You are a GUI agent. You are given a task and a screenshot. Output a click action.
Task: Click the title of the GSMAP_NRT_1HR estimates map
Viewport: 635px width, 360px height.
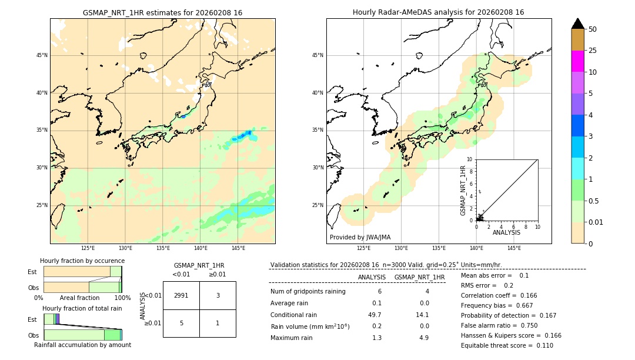pyautogui.click(x=162, y=12)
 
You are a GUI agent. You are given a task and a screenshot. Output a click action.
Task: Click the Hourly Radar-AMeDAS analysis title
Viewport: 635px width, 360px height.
pyautogui.click(x=438, y=12)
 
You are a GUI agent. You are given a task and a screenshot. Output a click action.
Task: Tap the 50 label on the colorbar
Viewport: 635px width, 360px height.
pyautogui.click(x=593, y=29)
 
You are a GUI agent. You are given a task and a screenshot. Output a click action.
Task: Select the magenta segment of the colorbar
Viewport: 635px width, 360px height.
pyautogui.click(x=577, y=61)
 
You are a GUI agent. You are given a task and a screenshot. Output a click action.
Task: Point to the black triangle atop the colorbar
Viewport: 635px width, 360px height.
pyautogui.click(x=577, y=24)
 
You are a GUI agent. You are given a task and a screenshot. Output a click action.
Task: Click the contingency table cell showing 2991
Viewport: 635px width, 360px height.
pyautogui.click(x=181, y=295)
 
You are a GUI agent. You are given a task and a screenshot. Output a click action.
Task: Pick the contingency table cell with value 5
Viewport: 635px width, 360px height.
pyautogui.click(x=181, y=323)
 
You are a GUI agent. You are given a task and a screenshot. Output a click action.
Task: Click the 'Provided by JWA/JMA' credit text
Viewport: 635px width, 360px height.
pyautogui.click(x=360, y=237)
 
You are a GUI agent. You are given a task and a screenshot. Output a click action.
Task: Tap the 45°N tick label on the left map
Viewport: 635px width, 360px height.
pyautogui.click(x=42, y=55)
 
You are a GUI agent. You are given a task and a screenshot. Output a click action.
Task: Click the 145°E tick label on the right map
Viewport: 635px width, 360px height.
pyautogui.click(x=514, y=248)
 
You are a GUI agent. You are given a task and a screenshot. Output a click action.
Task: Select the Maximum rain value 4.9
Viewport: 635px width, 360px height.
pyautogui.click(x=423, y=338)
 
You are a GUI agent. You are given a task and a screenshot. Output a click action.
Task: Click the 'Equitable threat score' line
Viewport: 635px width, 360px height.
pyautogui.click(x=506, y=345)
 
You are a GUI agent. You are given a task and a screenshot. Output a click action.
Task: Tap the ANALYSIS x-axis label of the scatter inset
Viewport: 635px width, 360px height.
pyautogui.click(x=506, y=232)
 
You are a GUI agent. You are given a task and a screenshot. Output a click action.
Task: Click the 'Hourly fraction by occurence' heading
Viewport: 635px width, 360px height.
pyautogui.click(x=82, y=261)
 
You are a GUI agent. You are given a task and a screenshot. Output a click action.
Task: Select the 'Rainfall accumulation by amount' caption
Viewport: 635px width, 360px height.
pyautogui.click(x=82, y=345)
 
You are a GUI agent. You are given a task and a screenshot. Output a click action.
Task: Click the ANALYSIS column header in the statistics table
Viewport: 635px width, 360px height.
pyautogui.click(x=372, y=277)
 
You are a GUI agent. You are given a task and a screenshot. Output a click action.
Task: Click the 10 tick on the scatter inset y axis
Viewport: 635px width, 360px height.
pyautogui.click(x=470, y=159)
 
